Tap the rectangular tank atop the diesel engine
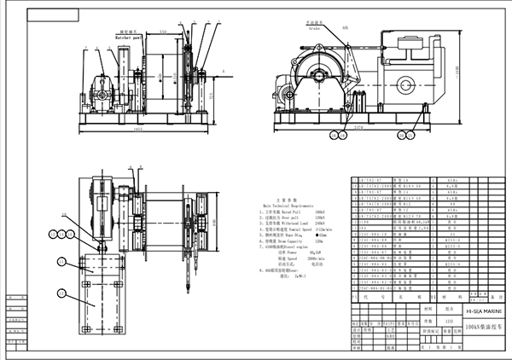tap(416, 44)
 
